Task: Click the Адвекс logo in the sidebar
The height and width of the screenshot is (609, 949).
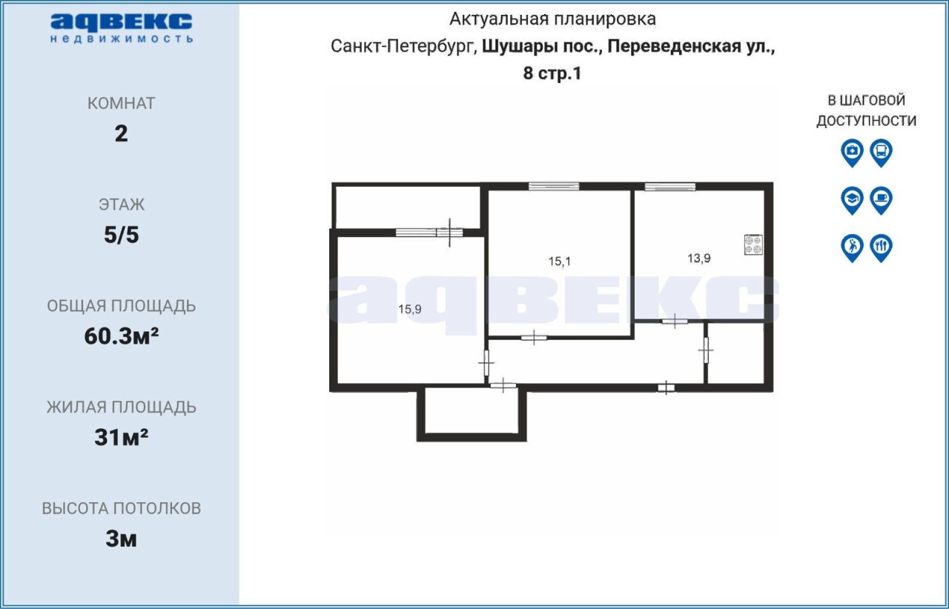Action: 122,28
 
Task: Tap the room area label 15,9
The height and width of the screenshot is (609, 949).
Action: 410,309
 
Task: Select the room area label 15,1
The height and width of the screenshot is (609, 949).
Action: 559,262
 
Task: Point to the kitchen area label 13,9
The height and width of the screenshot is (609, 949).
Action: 699,258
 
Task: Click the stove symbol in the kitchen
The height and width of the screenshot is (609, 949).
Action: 753,244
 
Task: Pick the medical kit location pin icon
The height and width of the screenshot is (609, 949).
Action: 852,153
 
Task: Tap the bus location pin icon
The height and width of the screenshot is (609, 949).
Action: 882,153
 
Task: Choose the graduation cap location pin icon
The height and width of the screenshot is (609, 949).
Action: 852,200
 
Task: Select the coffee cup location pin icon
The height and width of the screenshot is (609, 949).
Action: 882,200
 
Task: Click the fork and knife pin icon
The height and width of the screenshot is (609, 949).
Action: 882,248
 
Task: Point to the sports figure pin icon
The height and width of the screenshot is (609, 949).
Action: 852,248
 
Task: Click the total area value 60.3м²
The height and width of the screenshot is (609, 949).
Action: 122,336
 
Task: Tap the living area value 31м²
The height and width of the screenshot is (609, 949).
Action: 122,437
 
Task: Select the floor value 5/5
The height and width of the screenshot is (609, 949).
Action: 122,235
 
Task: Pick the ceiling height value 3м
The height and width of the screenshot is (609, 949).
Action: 122,539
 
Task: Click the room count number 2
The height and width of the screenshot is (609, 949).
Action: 121,134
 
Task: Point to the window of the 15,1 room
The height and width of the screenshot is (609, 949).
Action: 554,187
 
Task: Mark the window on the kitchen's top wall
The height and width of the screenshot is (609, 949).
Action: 669,187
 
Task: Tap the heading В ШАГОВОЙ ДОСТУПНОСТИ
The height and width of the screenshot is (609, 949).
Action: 867,110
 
